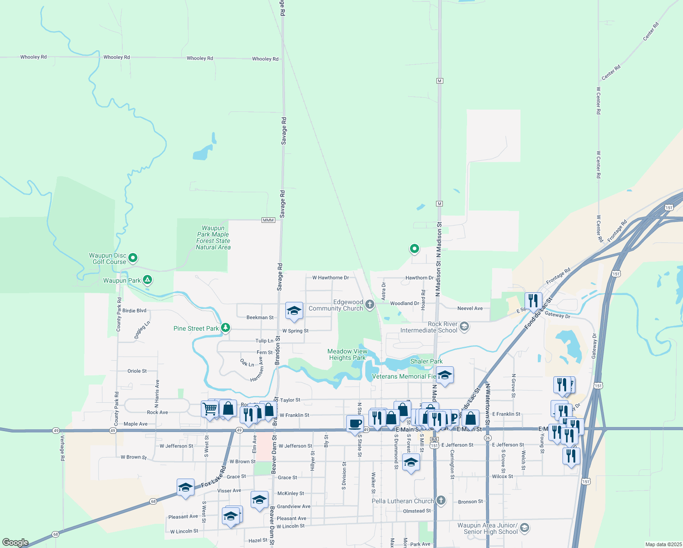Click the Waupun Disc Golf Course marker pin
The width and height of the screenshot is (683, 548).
pyautogui.click(x=133, y=258)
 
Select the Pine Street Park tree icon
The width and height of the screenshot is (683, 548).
pyautogui.click(x=225, y=328)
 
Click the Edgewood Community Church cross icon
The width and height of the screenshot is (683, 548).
pyautogui.click(x=370, y=305)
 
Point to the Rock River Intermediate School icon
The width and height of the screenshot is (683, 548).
pyautogui.click(x=464, y=327)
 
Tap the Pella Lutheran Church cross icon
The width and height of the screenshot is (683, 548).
pyautogui.click(x=441, y=501)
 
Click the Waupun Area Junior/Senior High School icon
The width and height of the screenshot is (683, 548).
pyautogui.click(x=525, y=528)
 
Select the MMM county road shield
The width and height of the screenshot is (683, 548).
pyautogui.click(x=268, y=220)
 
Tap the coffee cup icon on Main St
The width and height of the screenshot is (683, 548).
pyautogui.click(x=355, y=423)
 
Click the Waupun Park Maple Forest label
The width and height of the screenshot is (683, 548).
pyautogui.click(x=213, y=237)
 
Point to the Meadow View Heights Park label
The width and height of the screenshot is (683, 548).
pyautogui.click(x=347, y=354)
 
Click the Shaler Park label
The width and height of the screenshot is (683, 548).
pyautogui.click(x=426, y=361)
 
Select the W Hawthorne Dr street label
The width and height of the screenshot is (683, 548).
pyautogui.click(x=331, y=278)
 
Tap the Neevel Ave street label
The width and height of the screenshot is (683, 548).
pyautogui.click(x=470, y=308)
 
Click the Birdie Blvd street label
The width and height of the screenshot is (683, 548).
pyautogui.click(x=134, y=311)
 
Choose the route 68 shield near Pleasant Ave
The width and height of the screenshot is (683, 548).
pyautogui.click(x=153, y=501)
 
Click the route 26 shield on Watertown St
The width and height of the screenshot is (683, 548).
pyautogui.click(x=488, y=438)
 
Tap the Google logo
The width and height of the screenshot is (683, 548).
pyautogui.click(x=16, y=542)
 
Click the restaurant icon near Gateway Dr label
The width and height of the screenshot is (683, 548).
pyautogui.click(x=533, y=300)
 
